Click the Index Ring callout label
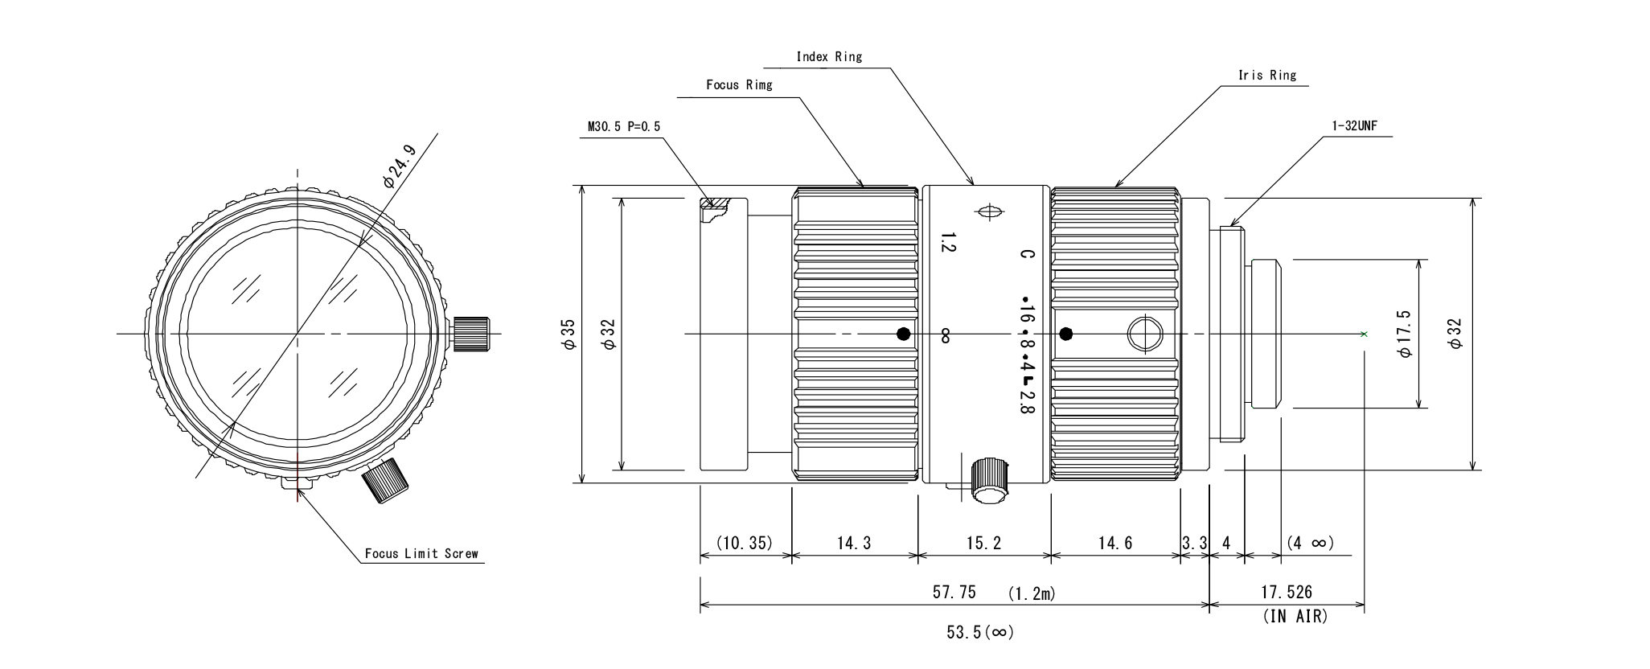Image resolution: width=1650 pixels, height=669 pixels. [x=828, y=56]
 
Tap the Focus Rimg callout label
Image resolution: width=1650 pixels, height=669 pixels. [x=738, y=84]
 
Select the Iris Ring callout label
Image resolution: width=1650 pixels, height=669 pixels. [x=1267, y=75]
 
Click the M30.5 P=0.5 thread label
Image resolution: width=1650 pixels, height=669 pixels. [x=623, y=126]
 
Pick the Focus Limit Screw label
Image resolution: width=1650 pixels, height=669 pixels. [x=421, y=553]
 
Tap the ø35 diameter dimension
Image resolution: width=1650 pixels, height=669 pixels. [x=568, y=334]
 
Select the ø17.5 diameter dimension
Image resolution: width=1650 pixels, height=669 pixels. [x=1405, y=334]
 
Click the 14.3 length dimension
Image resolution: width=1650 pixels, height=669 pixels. [x=853, y=544]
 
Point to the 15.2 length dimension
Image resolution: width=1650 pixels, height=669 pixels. [x=983, y=544]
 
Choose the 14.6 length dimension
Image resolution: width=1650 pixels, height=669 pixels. [x=1114, y=544]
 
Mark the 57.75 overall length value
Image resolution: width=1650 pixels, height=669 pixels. [x=954, y=593]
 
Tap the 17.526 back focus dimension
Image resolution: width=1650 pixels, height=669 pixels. [x=1286, y=593]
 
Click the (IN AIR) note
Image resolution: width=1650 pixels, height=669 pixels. [x=1295, y=617]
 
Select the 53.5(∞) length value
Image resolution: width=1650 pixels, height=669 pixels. [x=980, y=633]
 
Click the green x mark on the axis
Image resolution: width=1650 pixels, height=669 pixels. [x=1364, y=334]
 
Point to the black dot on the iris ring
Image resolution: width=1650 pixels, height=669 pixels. [x=1067, y=334]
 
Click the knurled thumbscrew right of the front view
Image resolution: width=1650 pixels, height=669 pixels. [x=472, y=334]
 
